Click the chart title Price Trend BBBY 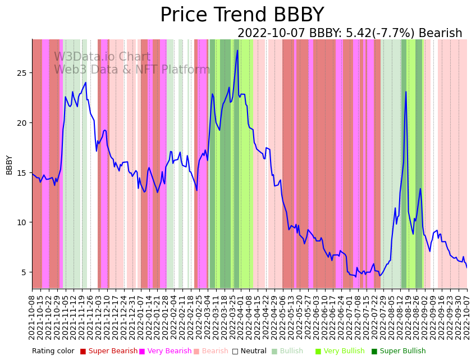242,15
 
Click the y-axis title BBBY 10,165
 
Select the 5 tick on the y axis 25,272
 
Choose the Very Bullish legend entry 343,351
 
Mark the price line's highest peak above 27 237,51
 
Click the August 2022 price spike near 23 406,92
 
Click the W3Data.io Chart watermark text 102,57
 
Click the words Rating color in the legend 53,351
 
